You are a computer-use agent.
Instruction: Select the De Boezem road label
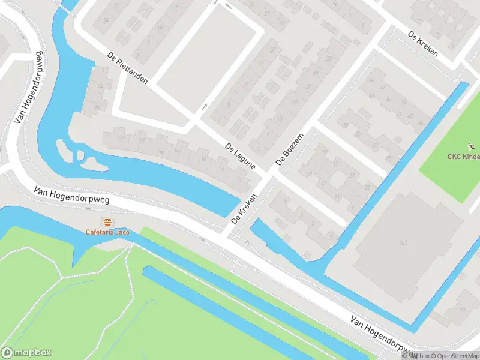290,149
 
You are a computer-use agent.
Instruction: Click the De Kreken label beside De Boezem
244,208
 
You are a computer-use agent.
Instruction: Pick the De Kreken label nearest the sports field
422,44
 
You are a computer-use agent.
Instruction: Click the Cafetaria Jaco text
107,232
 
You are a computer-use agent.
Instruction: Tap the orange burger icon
107,222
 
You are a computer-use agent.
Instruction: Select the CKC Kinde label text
464,157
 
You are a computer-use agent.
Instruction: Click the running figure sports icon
470,146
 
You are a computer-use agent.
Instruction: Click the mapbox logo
26,352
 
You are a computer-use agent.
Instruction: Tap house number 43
373,79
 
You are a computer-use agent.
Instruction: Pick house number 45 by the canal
420,123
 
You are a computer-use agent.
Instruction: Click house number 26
122,137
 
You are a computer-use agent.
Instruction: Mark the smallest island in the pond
80,155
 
